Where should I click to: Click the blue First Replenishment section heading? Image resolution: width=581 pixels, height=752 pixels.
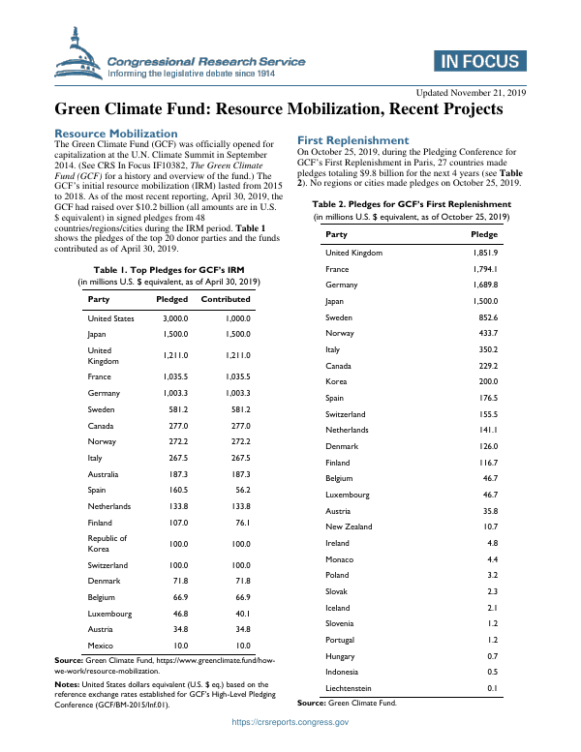[x=352, y=140]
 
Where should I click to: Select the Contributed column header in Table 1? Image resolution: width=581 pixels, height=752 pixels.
[x=225, y=299]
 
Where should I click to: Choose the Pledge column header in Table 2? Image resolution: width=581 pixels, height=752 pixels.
[x=483, y=234]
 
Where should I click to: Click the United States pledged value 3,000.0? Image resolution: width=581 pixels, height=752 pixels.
[x=174, y=317]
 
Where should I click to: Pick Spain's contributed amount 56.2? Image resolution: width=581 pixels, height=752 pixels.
[x=237, y=490]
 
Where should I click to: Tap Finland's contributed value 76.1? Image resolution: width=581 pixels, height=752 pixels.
[x=237, y=523]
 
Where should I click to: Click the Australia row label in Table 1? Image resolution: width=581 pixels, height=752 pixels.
[x=104, y=474]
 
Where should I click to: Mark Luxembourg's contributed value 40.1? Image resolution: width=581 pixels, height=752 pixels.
[x=237, y=612]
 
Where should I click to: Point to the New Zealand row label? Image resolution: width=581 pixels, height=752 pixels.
[x=349, y=526]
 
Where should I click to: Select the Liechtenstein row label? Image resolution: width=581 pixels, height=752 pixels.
[x=350, y=688]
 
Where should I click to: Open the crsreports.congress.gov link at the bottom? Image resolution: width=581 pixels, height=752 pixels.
[x=290, y=722]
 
